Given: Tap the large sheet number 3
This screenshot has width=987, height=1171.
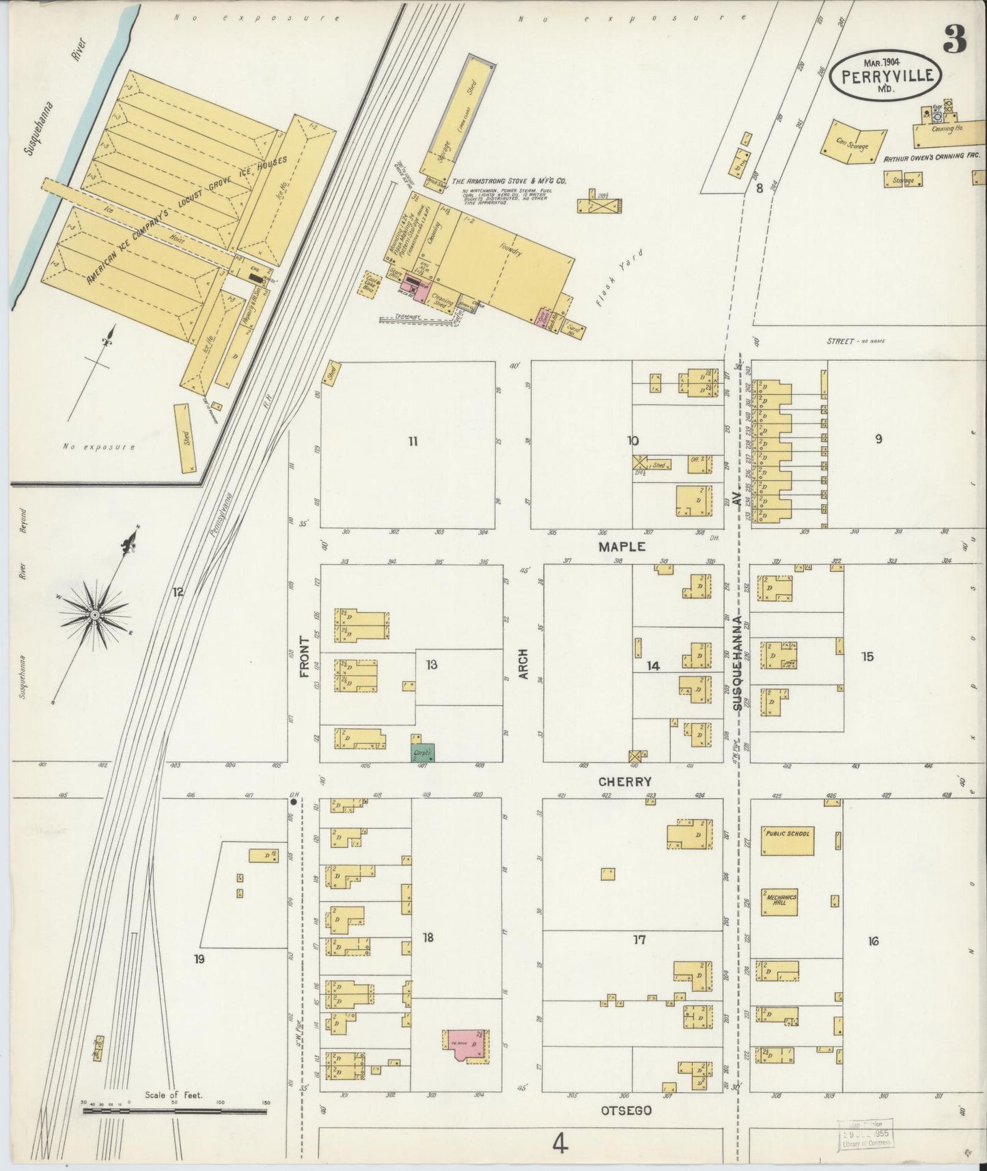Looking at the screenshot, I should pyautogui.click(x=954, y=41).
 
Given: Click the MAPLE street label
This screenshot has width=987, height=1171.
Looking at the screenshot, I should pyautogui.click(x=622, y=547).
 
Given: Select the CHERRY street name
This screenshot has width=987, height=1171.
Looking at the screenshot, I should pyautogui.click(x=624, y=781).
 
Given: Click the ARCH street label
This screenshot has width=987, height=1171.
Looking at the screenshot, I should pyautogui.click(x=525, y=663).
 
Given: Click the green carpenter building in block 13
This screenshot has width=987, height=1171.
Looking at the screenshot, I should pyautogui.click(x=423, y=752).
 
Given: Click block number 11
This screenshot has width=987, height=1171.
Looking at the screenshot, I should pyautogui.click(x=413, y=441).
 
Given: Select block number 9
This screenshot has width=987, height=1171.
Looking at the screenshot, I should pyautogui.click(x=878, y=439).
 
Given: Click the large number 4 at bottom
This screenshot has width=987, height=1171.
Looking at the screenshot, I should pyautogui.click(x=560, y=1144).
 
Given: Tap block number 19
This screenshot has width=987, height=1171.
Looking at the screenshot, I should pyautogui.click(x=199, y=959).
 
